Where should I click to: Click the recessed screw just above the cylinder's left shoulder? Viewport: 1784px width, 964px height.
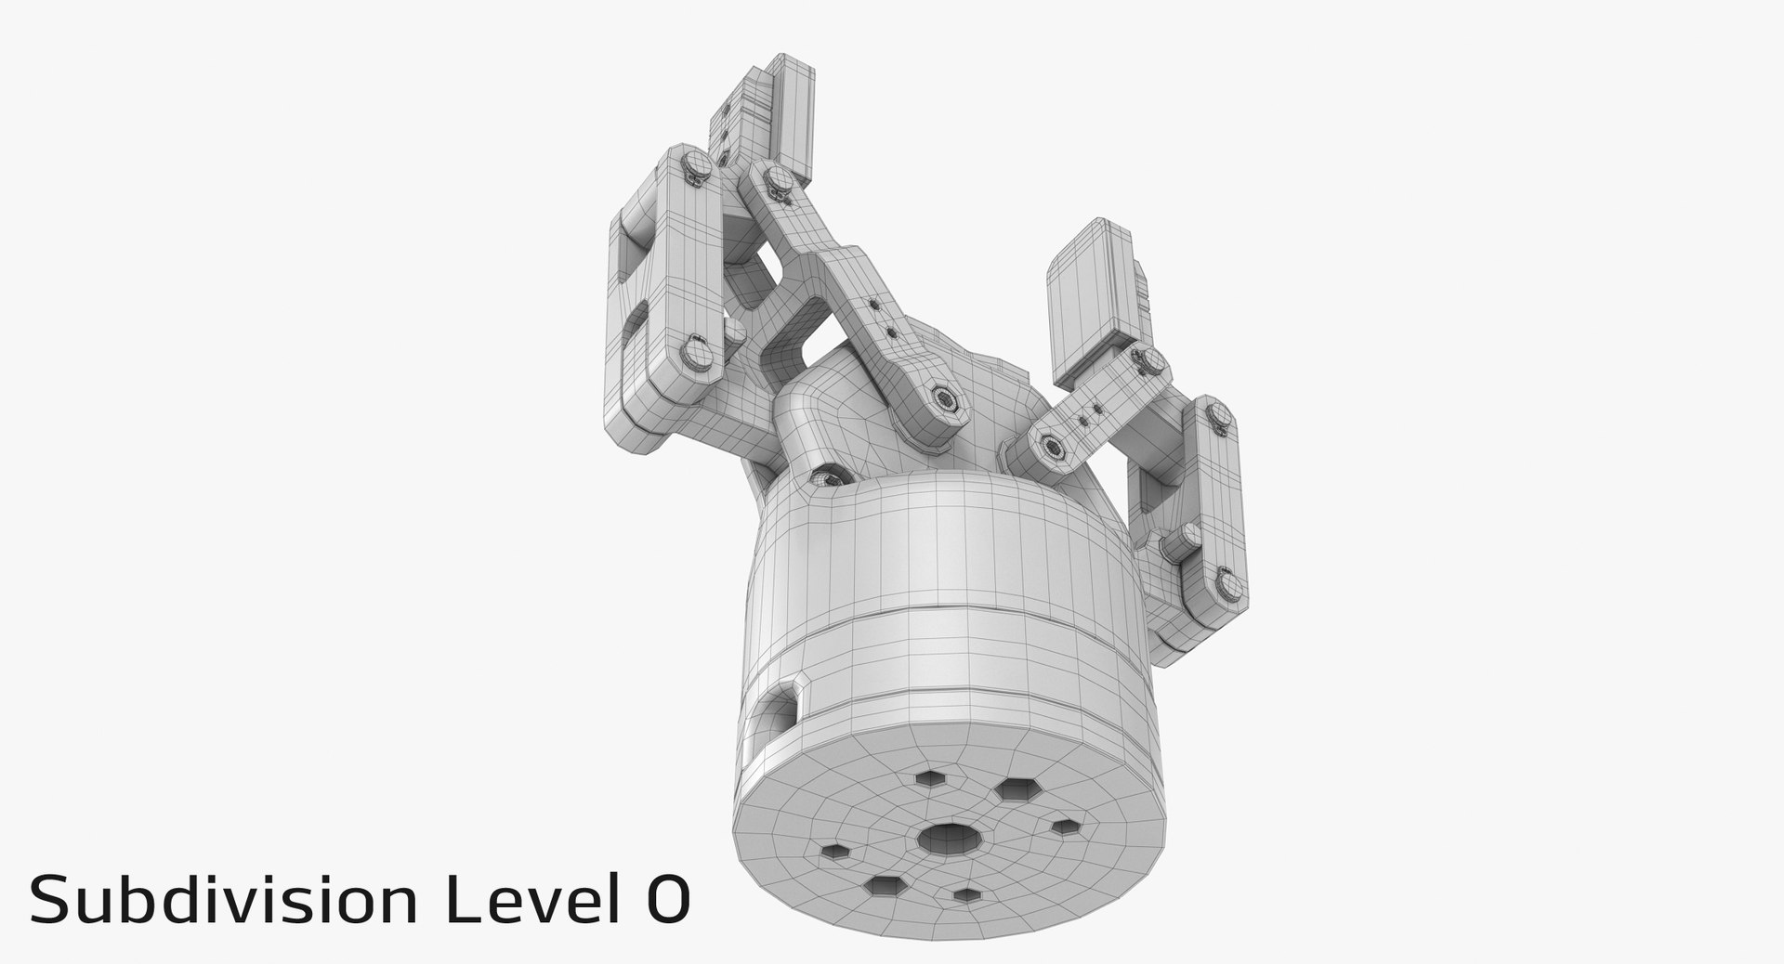point(823,477)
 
